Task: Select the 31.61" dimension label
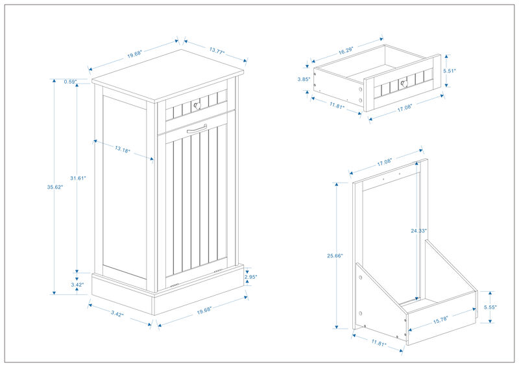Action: click(x=77, y=178)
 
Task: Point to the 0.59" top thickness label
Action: click(x=71, y=82)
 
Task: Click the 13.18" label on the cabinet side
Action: click(x=122, y=150)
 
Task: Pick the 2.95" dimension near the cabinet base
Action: click(x=251, y=277)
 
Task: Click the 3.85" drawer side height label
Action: click(x=302, y=79)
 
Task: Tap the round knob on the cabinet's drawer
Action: click(x=197, y=106)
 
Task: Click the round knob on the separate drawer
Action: click(x=403, y=82)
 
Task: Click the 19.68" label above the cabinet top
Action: click(x=135, y=55)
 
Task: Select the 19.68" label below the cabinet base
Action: click(x=204, y=310)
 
